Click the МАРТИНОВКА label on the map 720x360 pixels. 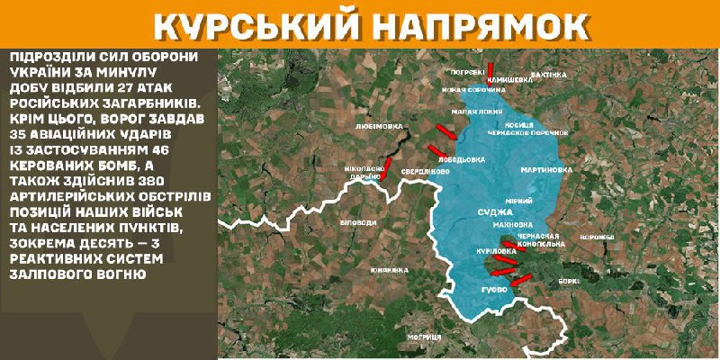click(x=546, y=169)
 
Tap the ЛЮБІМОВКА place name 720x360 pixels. click(x=379, y=127)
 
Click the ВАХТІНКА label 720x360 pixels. click(x=550, y=75)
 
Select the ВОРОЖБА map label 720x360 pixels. click(x=596, y=238)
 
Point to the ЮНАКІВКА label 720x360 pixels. click(x=390, y=269)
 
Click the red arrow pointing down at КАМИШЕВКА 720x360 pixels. click(x=492, y=69)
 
